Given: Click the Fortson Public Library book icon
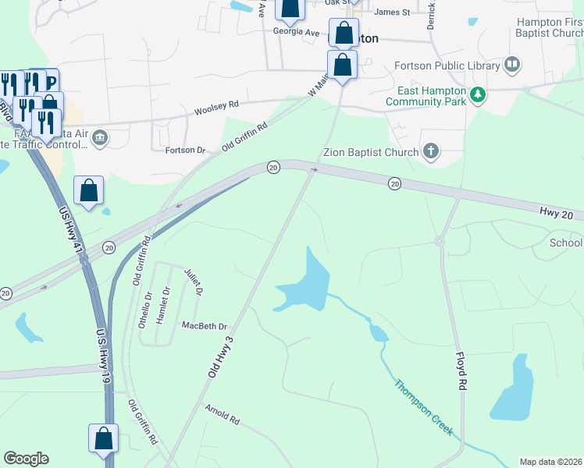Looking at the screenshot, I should coord(512,64).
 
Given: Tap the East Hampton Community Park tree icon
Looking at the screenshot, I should coord(478,96).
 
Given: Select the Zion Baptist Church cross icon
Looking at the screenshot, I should coord(430,151).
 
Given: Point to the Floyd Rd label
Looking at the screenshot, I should coord(461,371).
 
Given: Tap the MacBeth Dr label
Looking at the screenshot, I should coord(204,325).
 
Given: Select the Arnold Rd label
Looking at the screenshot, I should coord(222,413).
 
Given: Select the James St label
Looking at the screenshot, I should coord(392,12).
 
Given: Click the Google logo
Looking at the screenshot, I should coord(26,459).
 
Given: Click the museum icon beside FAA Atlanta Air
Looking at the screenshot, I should coord(100,139).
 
